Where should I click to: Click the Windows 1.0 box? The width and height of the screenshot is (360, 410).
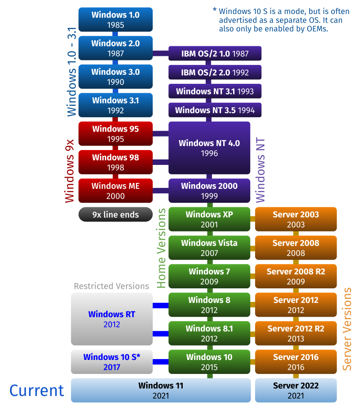point(116,19)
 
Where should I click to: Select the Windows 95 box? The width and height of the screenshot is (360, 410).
point(116,133)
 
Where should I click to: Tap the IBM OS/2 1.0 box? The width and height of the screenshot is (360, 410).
point(215,54)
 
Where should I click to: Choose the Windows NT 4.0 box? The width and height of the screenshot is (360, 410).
point(209,148)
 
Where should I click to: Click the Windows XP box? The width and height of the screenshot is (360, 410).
point(209,219)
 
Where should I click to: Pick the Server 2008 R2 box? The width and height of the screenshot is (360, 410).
point(296,276)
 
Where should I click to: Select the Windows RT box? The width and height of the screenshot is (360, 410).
point(112,319)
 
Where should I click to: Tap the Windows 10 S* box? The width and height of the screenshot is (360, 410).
point(112,362)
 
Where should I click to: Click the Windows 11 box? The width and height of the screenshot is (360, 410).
point(161,390)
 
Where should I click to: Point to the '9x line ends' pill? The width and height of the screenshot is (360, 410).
point(116,214)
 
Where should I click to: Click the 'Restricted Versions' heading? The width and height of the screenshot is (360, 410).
point(111,286)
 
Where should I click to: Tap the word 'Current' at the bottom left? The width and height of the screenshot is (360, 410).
point(36,391)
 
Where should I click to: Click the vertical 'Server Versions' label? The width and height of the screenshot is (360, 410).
point(347,329)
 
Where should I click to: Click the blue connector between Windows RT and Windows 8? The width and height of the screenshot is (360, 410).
point(160,305)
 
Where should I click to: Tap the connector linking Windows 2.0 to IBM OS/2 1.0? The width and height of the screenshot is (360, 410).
point(161,54)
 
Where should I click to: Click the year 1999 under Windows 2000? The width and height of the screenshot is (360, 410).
point(209,196)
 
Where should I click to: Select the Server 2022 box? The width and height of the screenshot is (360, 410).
point(296,390)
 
